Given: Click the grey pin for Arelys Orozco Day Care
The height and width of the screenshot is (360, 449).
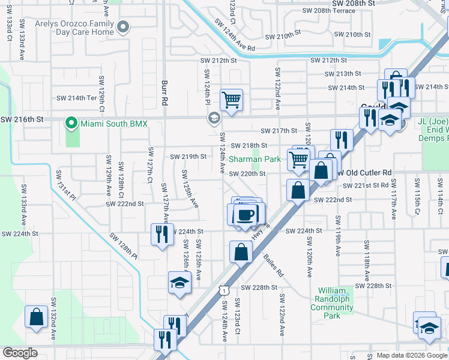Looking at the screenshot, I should point(124,26).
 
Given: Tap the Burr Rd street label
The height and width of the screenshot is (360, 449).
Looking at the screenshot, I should point(163,93).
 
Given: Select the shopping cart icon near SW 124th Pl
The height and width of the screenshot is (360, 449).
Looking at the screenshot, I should point(231,99).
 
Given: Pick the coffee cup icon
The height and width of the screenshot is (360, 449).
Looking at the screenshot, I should point(245,214).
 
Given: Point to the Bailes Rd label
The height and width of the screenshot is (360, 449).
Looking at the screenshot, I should point(273,265).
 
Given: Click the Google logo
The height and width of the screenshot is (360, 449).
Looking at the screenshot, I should point(20,353).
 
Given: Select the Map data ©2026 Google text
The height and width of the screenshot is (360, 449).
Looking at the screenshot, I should point(411,355).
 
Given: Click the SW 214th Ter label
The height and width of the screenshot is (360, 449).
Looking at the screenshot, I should point(76,98).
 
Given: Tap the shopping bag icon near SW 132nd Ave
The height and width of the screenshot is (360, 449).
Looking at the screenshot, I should point(36,317).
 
